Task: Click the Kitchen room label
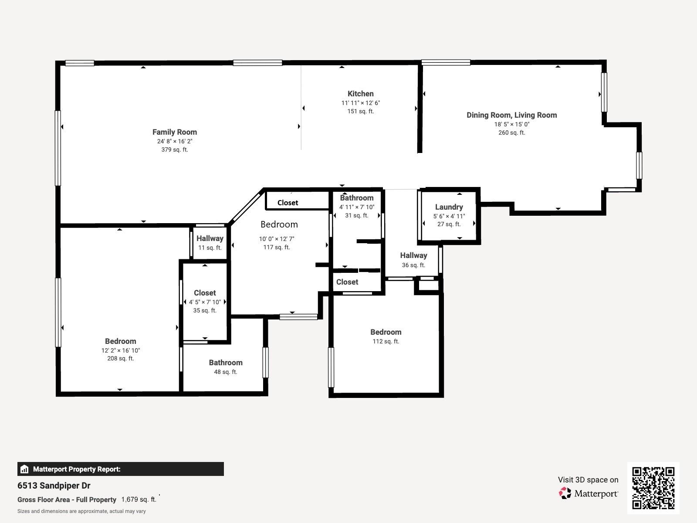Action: (x=360, y=94)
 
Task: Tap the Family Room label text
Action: (x=174, y=132)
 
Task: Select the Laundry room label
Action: (x=449, y=207)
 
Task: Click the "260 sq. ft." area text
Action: (x=511, y=133)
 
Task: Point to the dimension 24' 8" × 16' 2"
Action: (x=174, y=141)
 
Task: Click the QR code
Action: (x=653, y=488)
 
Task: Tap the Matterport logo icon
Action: (x=565, y=493)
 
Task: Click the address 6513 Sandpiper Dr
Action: (x=54, y=486)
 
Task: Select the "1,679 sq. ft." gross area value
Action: (x=139, y=499)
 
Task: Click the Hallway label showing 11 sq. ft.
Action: (x=210, y=238)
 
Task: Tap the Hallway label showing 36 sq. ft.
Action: (x=413, y=255)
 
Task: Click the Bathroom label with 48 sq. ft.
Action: (x=225, y=363)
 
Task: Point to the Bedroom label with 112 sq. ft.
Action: (x=386, y=332)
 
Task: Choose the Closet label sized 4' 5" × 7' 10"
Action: (x=205, y=293)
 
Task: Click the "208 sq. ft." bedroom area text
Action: (x=120, y=359)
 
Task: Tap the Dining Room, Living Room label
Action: (x=511, y=115)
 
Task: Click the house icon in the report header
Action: (x=24, y=469)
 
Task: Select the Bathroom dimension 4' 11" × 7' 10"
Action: (x=356, y=207)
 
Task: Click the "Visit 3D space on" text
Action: (x=588, y=480)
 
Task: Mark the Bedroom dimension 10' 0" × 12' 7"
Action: (x=276, y=239)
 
